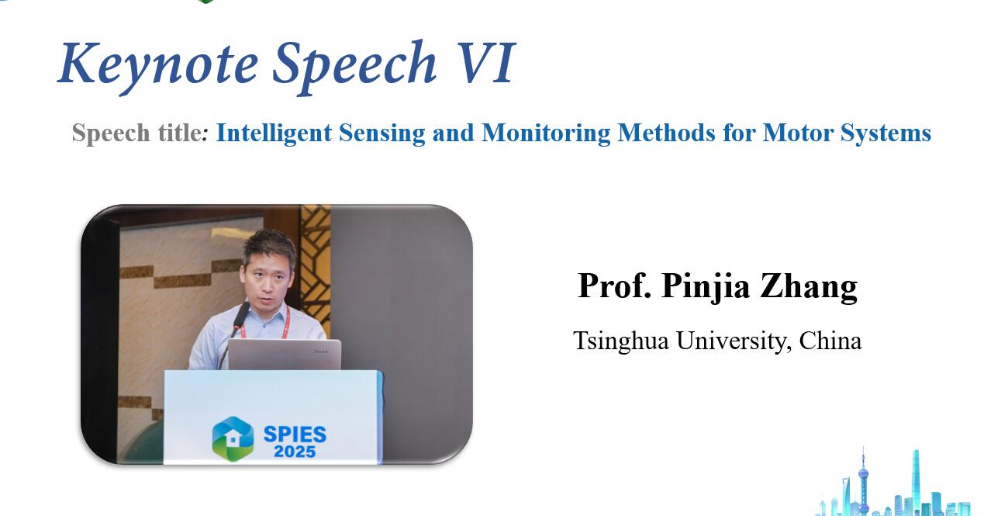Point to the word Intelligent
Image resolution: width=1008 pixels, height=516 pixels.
(x=274, y=133)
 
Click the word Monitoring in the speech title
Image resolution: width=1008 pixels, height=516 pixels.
(x=546, y=133)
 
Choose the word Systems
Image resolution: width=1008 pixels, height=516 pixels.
(x=885, y=133)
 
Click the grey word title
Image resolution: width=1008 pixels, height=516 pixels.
(x=180, y=133)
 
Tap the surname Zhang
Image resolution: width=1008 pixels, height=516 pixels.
(x=809, y=287)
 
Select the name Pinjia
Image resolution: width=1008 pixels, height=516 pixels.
(x=706, y=287)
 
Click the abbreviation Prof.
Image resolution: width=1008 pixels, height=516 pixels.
(x=615, y=286)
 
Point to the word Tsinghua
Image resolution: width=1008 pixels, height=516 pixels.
(x=621, y=341)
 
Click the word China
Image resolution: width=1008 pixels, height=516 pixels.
(x=830, y=341)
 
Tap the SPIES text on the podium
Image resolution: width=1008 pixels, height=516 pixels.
(x=295, y=435)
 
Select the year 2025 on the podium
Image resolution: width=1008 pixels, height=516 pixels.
(x=295, y=452)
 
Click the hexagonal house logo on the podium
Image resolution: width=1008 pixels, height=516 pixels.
(x=233, y=439)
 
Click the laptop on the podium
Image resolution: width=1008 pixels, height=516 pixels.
(x=285, y=355)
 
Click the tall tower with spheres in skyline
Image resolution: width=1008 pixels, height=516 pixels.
(x=863, y=480)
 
